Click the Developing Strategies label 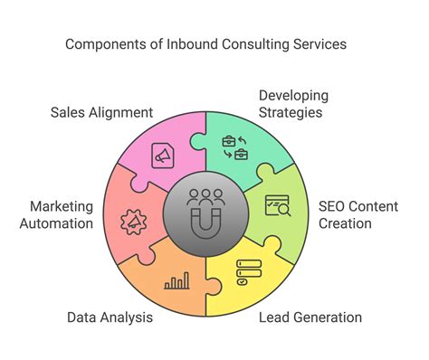click(x=291, y=104)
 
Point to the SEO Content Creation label click(x=358, y=215)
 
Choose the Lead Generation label click(x=310, y=317)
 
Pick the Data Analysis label click(x=109, y=317)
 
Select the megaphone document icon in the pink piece click(x=163, y=155)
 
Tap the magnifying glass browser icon click(x=277, y=205)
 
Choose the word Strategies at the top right click(x=291, y=113)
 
